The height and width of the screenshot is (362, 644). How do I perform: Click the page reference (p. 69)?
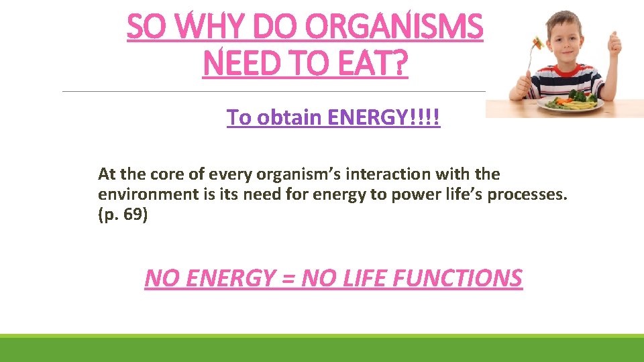[x=122, y=216]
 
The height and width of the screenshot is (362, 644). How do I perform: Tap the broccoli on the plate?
[x=578, y=95]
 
